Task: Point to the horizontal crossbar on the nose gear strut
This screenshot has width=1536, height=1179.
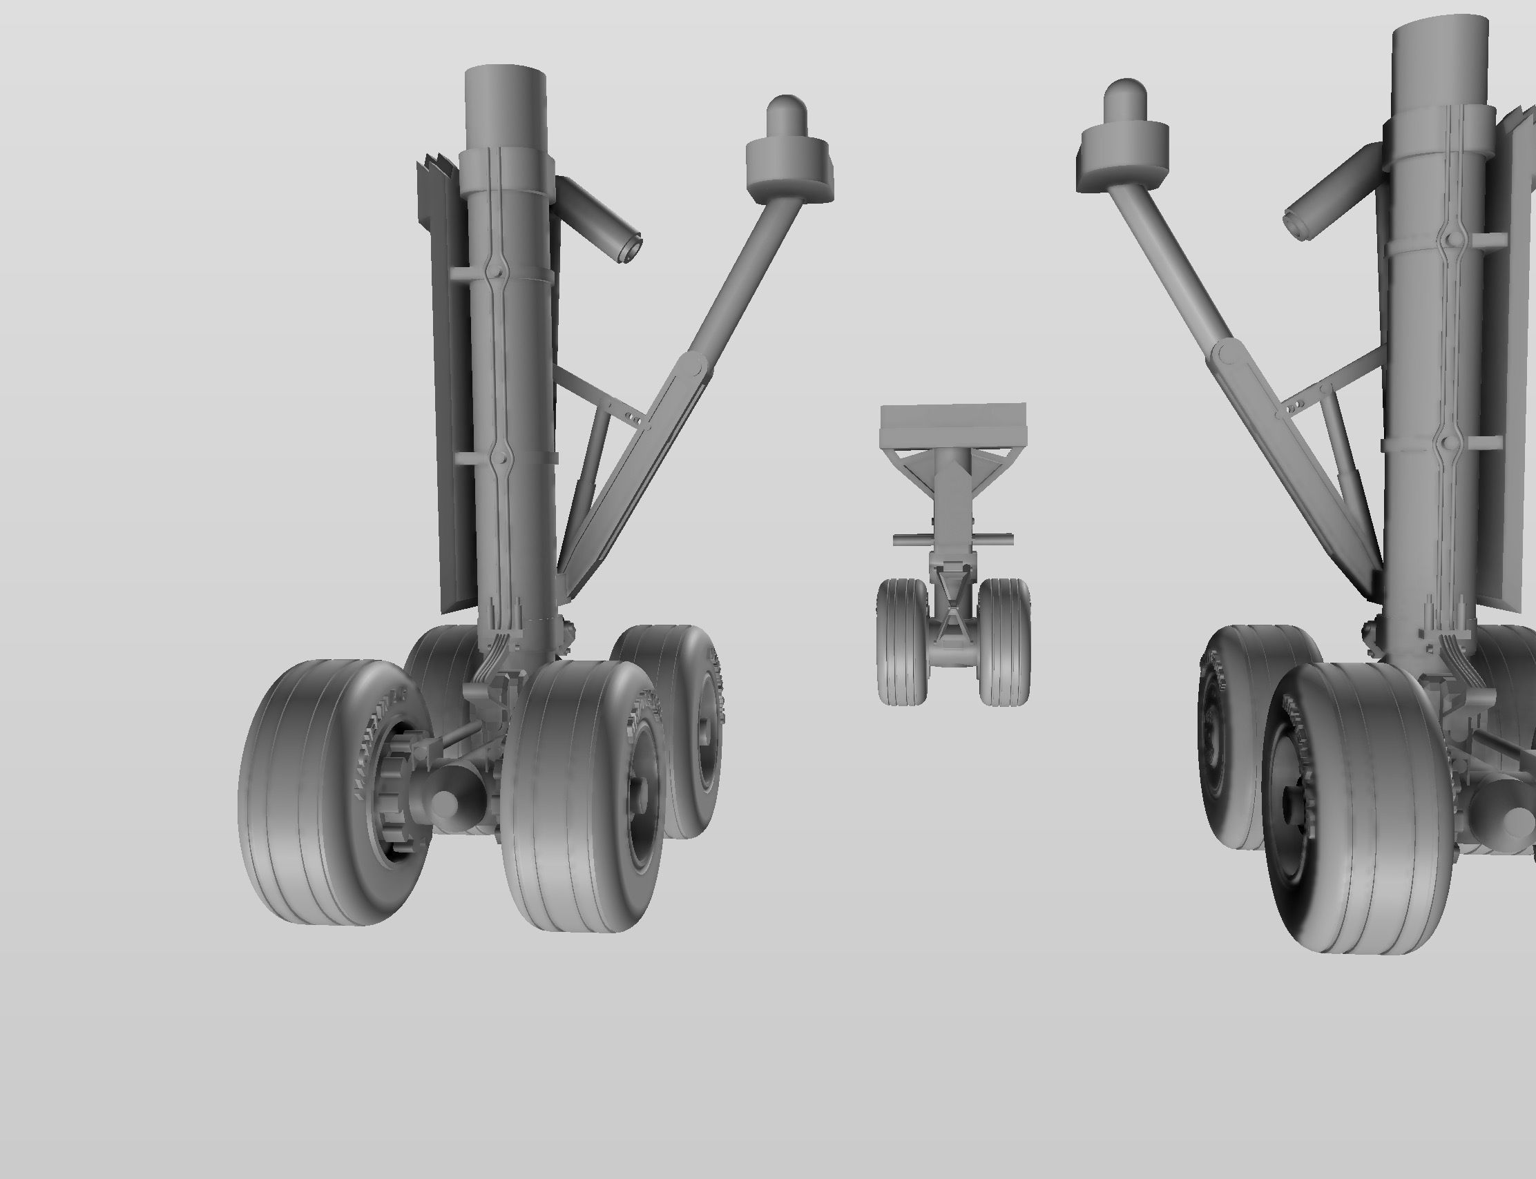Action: (x=953, y=539)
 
